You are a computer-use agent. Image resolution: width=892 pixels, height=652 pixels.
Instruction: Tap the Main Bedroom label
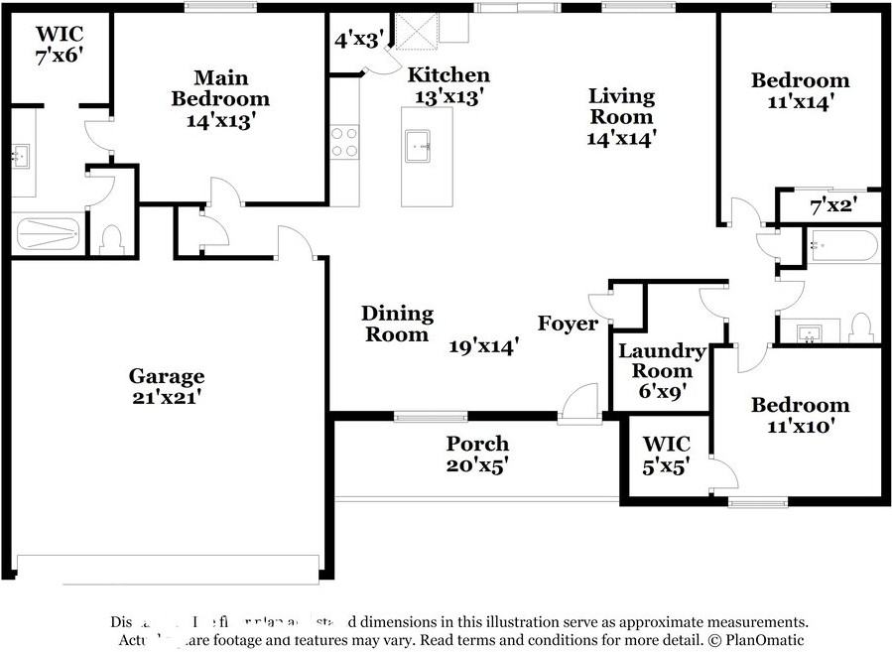[220, 98]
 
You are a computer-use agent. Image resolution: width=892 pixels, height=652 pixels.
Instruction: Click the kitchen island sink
[421, 147]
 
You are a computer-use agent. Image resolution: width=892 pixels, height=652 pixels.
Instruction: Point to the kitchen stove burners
[344, 141]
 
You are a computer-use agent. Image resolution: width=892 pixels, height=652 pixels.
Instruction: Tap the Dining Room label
[398, 324]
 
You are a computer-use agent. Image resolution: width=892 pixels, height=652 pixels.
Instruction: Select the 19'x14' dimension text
[484, 346]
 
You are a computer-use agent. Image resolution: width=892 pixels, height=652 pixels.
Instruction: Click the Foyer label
[568, 324]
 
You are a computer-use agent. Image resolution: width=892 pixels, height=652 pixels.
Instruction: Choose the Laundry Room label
[662, 360]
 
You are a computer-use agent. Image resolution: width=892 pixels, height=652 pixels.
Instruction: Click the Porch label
[477, 444]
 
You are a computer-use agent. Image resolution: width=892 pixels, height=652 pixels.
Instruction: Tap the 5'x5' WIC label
[667, 454]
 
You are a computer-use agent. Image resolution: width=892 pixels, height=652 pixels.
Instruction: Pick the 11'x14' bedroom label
[800, 89]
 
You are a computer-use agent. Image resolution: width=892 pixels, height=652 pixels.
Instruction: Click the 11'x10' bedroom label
[800, 415]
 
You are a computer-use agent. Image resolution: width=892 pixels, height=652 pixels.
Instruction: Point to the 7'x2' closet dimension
[831, 207]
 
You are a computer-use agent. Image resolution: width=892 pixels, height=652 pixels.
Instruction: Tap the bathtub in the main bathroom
[49, 234]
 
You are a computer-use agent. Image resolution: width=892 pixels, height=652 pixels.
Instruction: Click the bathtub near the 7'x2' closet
[842, 245]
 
